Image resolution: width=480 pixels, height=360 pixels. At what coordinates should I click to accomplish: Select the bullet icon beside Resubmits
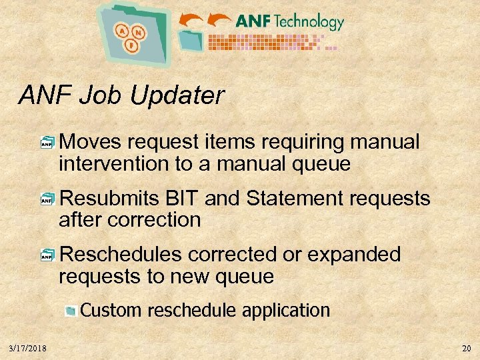(47, 199)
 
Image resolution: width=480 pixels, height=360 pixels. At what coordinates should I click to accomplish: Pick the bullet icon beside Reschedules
(47, 255)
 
